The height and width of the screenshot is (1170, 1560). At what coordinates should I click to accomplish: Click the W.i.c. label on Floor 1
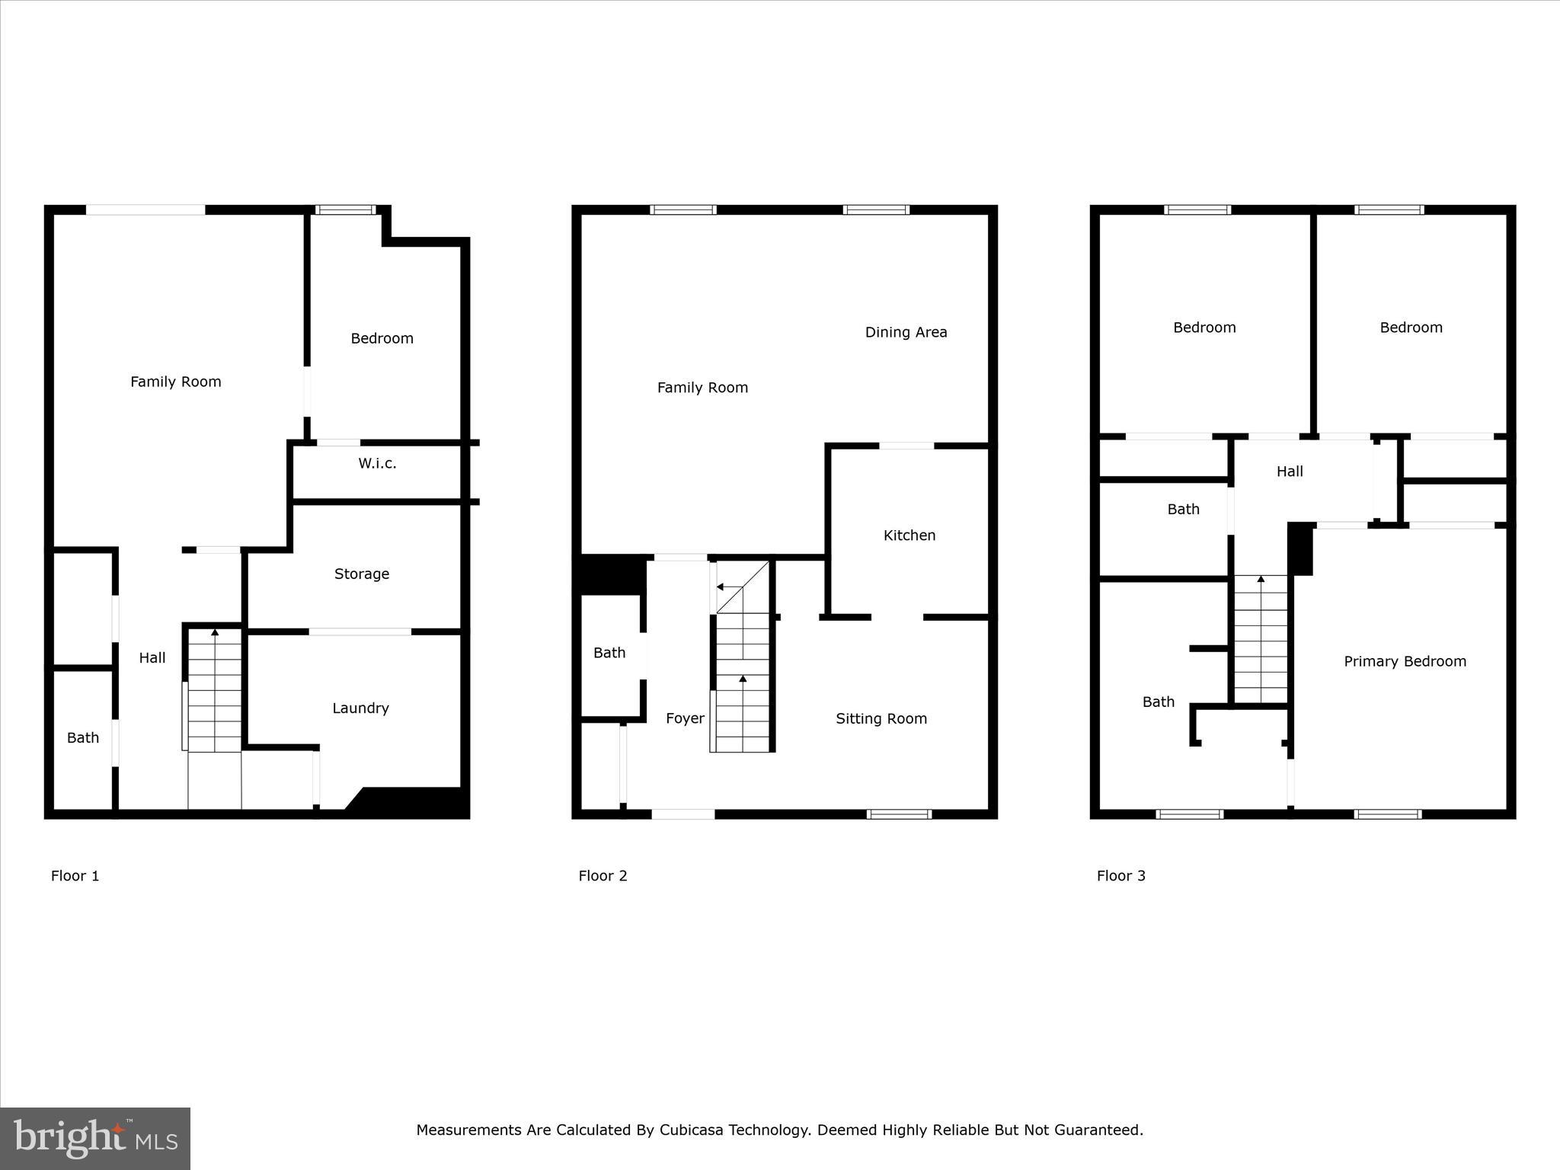pos(377,463)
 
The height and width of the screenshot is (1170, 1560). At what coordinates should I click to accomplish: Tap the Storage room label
pos(362,574)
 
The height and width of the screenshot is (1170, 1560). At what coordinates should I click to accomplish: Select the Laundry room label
pos(360,708)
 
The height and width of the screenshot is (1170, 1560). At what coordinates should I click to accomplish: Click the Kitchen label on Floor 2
pos(909,535)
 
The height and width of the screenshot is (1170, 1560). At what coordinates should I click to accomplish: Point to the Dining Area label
pos(906,332)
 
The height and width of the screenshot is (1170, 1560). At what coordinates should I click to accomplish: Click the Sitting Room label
pos(881,718)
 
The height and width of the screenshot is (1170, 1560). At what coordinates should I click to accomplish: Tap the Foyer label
pos(685,718)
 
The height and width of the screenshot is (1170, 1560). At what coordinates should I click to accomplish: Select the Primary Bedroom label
pos(1405,661)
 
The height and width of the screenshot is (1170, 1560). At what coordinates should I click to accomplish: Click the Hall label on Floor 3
pos(1290,472)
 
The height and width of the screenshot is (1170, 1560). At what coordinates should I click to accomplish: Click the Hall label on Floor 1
pos(152,657)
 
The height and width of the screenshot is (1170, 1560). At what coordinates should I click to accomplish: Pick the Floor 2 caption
pos(603,875)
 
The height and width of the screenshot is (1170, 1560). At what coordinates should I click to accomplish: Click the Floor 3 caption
pos(1120,875)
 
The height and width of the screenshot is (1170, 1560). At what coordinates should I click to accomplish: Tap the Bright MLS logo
pos(95,1139)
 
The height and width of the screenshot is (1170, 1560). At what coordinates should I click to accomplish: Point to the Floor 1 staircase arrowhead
pos(215,632)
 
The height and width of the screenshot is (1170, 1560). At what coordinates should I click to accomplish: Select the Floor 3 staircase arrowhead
pos(1261,580)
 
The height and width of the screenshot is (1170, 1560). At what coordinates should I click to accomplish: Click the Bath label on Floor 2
pos(609,653)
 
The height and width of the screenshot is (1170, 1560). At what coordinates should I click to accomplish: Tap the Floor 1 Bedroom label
pos(382,338)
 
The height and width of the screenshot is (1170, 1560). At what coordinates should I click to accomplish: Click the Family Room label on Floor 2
pos(702,388)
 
